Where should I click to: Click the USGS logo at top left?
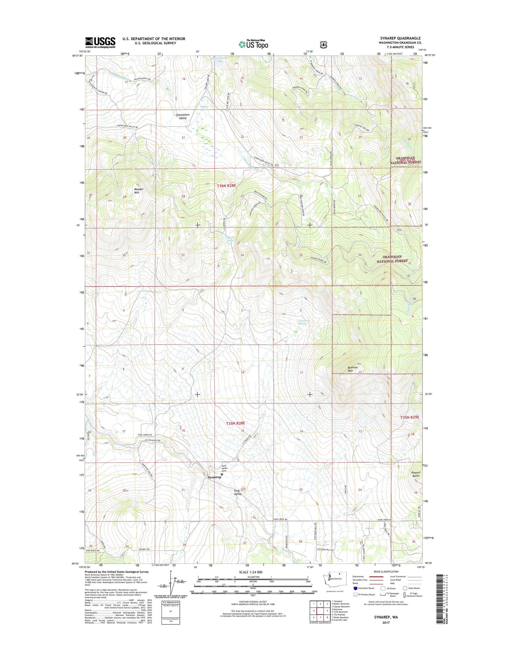[x=100, y=42]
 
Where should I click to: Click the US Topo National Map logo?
[x=254, y=44]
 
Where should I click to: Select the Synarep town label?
[x=214, y=477]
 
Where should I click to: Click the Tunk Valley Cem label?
[x=224, y=468]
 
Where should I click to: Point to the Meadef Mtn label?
[x=137, y=191]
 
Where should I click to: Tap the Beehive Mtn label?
[x=350, y=369]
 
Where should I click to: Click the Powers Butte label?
[x=416, y=474]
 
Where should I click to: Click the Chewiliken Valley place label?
[x=183, y=116]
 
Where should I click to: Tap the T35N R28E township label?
[x=235, y=423]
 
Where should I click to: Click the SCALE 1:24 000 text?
[x=250, y=572]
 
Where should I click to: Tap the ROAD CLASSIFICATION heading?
[x=386, y=572]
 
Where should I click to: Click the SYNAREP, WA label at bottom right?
[x=386, y=617]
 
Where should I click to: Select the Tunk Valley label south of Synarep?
[x=238, y=492]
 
